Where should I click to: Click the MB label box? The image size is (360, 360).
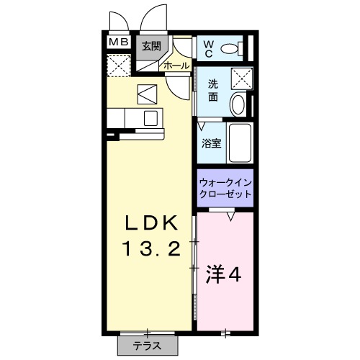point(119,42)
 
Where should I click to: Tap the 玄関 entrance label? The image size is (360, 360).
point(150,47)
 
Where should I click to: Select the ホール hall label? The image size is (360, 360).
point(177,66)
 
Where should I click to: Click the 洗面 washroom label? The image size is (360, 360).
point(213,91)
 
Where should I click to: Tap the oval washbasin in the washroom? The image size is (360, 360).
point(238,104)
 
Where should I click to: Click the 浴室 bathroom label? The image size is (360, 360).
point(211,142)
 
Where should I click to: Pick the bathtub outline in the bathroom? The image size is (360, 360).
point(238,143)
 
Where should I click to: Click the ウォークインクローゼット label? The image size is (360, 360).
point(225,189)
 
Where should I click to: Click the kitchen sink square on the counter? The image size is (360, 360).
point(151,118)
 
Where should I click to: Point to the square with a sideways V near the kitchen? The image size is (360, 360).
point(147,94)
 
